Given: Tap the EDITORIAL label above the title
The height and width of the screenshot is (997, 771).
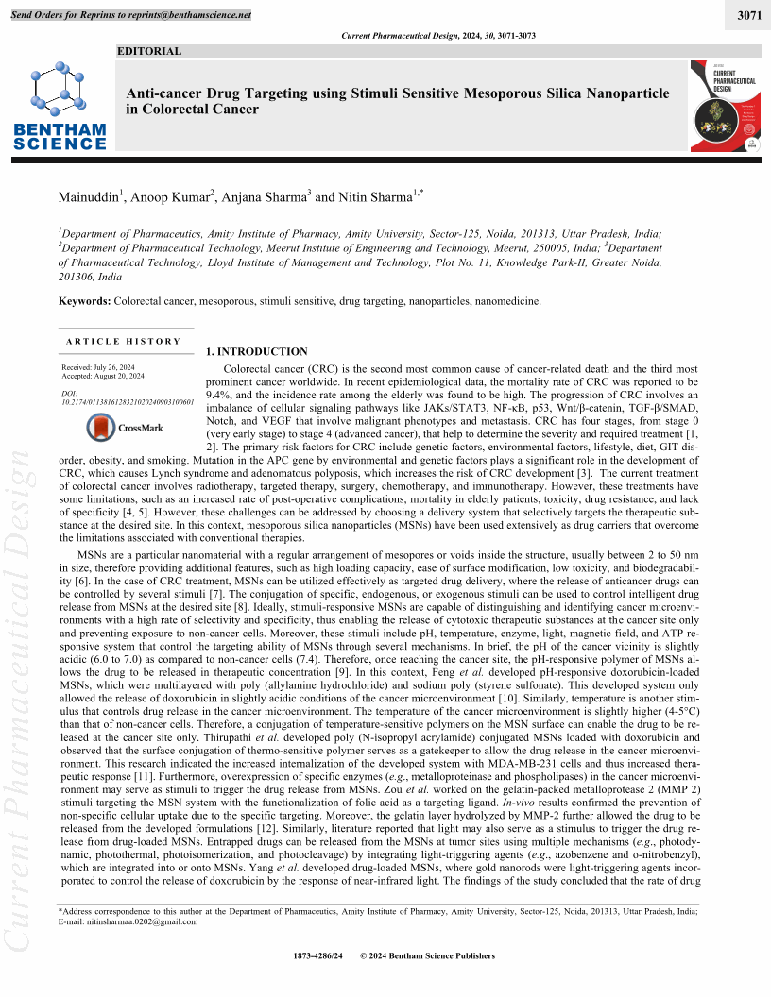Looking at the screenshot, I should (148, 51).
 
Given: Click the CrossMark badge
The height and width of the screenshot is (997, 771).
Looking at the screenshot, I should (125, 428).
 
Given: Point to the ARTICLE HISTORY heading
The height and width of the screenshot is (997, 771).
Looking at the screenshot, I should (123, 341).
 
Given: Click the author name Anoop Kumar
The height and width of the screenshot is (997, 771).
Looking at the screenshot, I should (170, 197).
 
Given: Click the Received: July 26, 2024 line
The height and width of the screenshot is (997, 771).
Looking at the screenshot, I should (99, 366).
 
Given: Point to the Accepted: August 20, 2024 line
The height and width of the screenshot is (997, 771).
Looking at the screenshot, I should (103, 376).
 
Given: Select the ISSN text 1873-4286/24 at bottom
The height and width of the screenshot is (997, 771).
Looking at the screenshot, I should (320, 955).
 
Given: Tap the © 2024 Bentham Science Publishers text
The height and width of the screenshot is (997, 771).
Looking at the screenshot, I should (428, 955).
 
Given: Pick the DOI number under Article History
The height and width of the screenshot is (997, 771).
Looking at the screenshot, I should (127, 401).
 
